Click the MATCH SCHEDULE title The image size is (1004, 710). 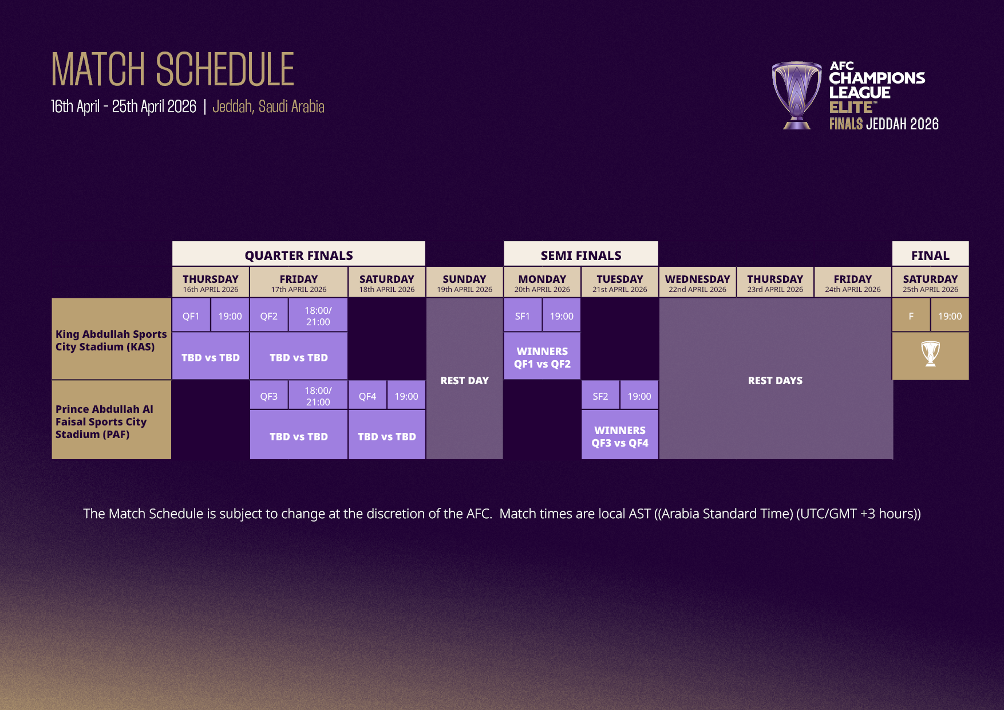pyautogui.click(x=172, y=69)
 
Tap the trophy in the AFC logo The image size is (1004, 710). pyautogui.click(x=796, y=94)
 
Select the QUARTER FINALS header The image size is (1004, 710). pyautogui.click(x=298, y=255)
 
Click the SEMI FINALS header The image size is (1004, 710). pyautogui.click(x=580, y=255)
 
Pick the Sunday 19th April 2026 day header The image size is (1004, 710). pyautogui.click(x=464, y=283)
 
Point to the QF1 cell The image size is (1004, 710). pyautogui.click(x=191, y=316)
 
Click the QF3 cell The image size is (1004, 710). pyautogui.click(x=268, y=396)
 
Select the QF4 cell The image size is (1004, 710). pyautogui.click(x=367, y=396)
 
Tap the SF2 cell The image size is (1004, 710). pyautogui.click(x=600, y=396)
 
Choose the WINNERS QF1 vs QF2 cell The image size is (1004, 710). pyautogui.click(x=542, y=357)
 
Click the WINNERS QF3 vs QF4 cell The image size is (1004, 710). pyautogui.click(x=620, y=436)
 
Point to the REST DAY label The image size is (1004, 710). pyautogui.click(x=464, y=381)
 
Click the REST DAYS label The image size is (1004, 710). pyautogui.click(x=775, y=381)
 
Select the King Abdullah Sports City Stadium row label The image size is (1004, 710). pyautogui.click(x=111, y=340)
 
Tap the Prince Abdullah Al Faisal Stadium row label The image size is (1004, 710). pyautogui.click(x=104, y=421)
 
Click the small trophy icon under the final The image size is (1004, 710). pyautogui.click(x=930, y=354)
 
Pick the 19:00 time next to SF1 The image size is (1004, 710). pyautogui.click(x=562, y=316)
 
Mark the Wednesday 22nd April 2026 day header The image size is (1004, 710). pyautogui.click(x=697, y=283)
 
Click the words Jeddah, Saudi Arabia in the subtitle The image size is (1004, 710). pyautogui.click(x=268, y=107)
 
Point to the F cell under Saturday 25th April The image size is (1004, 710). pyautogui.click(x=911, y=316)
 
